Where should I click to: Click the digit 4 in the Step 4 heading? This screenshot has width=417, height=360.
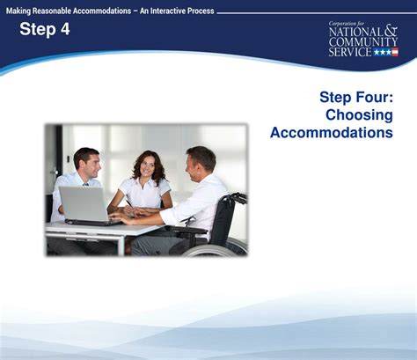65,29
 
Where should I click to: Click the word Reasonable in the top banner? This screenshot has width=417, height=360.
52,11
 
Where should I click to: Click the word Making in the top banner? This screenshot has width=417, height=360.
18,11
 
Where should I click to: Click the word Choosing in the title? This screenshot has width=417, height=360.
359,114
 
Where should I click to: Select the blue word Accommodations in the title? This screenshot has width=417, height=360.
332,132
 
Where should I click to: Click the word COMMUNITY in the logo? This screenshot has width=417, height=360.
363,41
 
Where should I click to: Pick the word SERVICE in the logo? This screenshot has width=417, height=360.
350,52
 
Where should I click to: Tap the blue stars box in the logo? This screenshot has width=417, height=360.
383,52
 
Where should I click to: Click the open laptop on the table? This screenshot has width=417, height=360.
88,206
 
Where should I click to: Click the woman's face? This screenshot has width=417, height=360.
147,168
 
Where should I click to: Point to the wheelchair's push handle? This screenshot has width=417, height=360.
238,197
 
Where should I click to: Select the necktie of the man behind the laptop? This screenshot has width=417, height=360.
85,185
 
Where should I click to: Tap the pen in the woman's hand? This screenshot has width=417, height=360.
129,204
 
